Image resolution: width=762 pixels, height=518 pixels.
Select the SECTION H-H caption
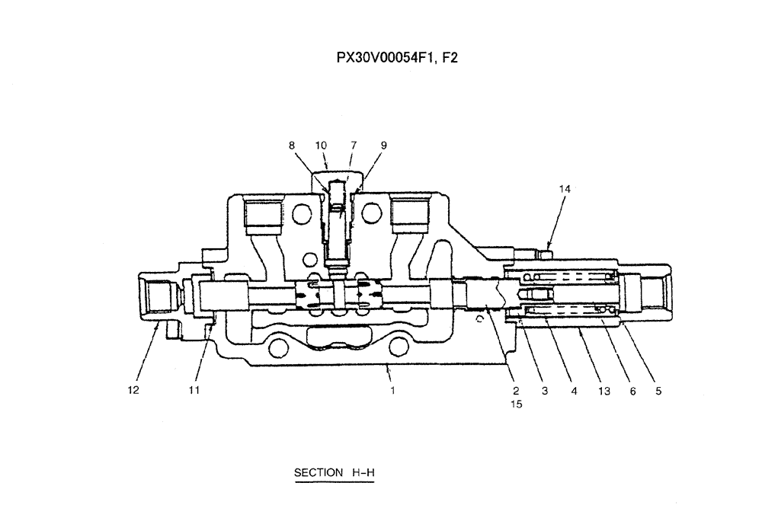[335, 472]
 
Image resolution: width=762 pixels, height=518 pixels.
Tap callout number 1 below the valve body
[392, 391]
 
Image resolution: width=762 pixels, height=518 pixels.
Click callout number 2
[516, 391]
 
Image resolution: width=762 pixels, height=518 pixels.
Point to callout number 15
[516, 405]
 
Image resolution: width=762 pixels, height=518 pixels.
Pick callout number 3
[545, 391]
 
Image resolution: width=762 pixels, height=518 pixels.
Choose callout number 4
[574, 391]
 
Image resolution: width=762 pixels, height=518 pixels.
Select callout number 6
[631, 391]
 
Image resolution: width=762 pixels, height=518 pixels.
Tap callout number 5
[658, 391]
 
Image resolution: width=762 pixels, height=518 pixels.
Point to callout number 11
[194, 391]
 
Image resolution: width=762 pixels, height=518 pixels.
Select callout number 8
[292, 145]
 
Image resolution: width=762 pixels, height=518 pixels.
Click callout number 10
[321, 145]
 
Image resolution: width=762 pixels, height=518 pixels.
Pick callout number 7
[353, 145]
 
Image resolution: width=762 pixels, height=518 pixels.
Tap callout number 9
[383, 145]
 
